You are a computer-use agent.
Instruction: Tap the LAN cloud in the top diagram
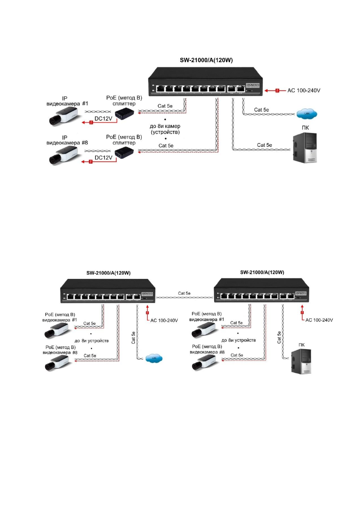point(307,115)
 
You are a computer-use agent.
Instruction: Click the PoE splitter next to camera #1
point(124,114)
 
